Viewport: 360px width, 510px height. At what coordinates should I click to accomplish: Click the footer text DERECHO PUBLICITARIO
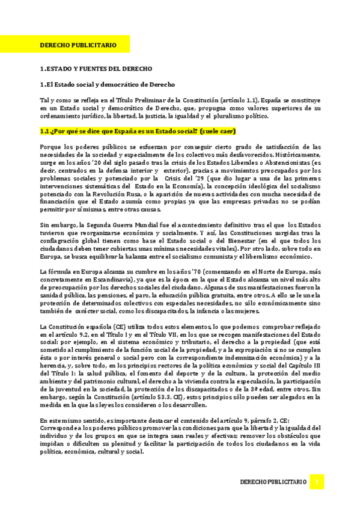[x=273, y=483]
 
